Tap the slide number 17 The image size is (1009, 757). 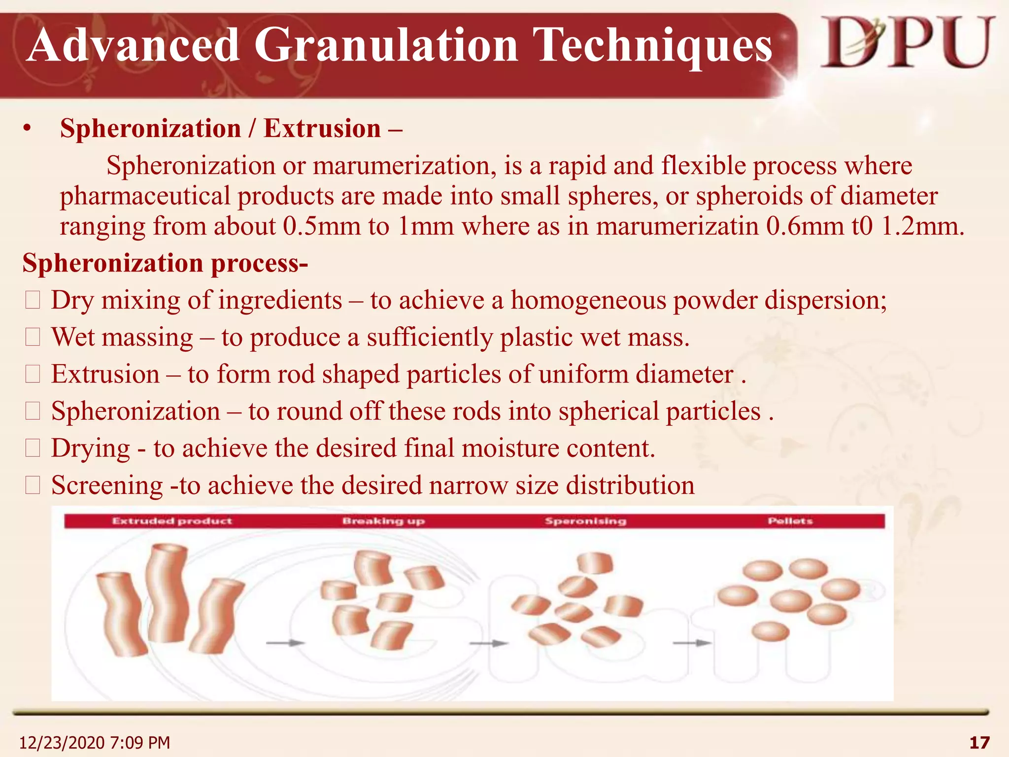[x=979, y=743]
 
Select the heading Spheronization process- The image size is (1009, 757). [x=165, y=263]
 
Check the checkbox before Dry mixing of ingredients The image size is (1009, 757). [x=33, y=300]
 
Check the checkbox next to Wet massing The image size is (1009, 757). [x=33, y=337]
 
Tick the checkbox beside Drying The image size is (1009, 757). [x=33, y=448]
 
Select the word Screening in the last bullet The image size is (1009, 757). [x=107, y=485]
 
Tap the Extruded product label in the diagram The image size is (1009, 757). [x=171, y=521]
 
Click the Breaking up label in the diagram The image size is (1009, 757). [x=383, y=521]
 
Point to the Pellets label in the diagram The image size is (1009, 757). [x=790, y=521]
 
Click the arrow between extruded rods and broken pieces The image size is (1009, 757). [x=285, y=643]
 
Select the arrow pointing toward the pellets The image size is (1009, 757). [x=692, y=643]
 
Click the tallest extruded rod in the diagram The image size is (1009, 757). [x=167, y=591]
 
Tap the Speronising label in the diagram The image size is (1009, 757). [x=585, y=521]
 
